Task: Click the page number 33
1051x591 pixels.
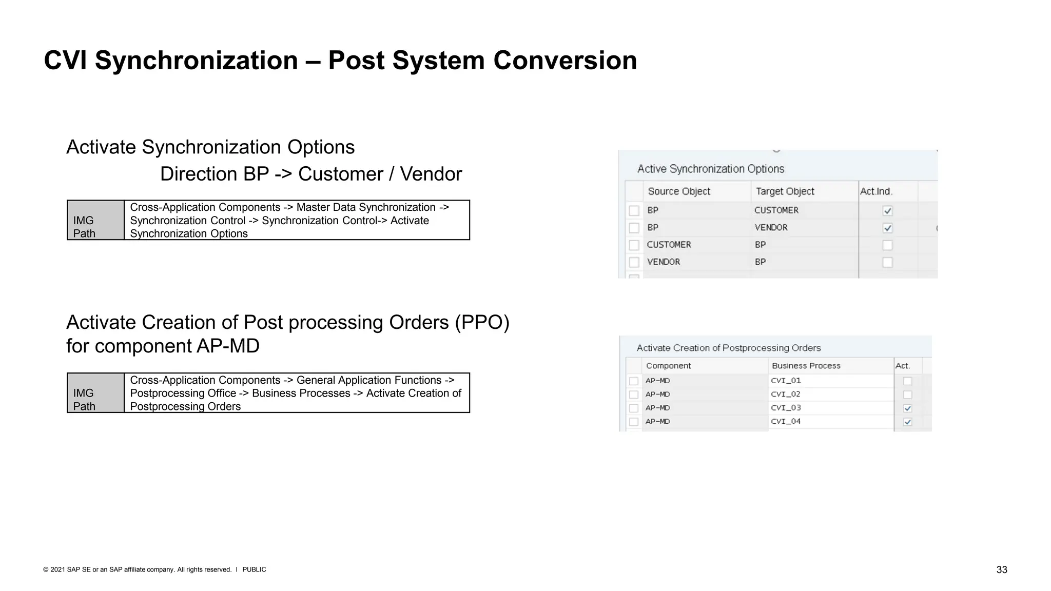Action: pos(1001,570)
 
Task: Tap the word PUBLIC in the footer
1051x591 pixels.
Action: pos(254,569)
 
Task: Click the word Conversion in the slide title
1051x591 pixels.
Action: pos(565,61)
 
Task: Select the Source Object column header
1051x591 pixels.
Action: pos(678,191)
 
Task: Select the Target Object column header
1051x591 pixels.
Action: pos(785,191)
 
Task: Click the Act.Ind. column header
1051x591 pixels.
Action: pos(876,191)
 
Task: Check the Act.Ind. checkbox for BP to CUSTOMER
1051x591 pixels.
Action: pos(887,211)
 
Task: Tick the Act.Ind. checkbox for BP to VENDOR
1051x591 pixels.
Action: pos(887,228)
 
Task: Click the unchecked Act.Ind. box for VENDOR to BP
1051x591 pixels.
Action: pos(887,262)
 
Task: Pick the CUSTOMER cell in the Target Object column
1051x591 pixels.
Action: pos(776,210)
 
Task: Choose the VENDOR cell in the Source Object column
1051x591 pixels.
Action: pos(663,262)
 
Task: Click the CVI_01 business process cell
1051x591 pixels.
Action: pos(786,381)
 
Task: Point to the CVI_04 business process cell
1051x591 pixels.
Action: pos(786,421)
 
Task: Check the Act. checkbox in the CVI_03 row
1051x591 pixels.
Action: pos(907,408)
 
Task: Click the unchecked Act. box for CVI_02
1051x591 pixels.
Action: pos(907,395)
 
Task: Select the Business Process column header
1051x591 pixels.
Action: pos(806,366)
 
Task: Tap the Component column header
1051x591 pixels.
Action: pos(668,366)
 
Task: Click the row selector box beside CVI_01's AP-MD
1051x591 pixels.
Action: pos(634,381)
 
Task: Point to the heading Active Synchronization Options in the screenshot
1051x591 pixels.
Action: pos(710,169)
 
